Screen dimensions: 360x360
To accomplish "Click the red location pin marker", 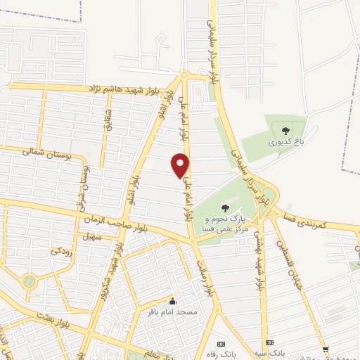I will pyautogui.click(x=181, y=165).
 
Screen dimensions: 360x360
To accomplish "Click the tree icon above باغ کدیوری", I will pyautogui.click(x=285, y=130).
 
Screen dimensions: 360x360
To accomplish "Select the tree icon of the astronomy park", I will pyautogui.click(x=224, y=207).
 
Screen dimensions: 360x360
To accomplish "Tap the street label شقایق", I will pyautogui.click(x=108, y=118).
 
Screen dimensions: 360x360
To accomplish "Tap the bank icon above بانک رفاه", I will pyautogui.click(x=221, y=343).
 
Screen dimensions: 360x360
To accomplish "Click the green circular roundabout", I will pyautogui.click(x=29, y=281).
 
